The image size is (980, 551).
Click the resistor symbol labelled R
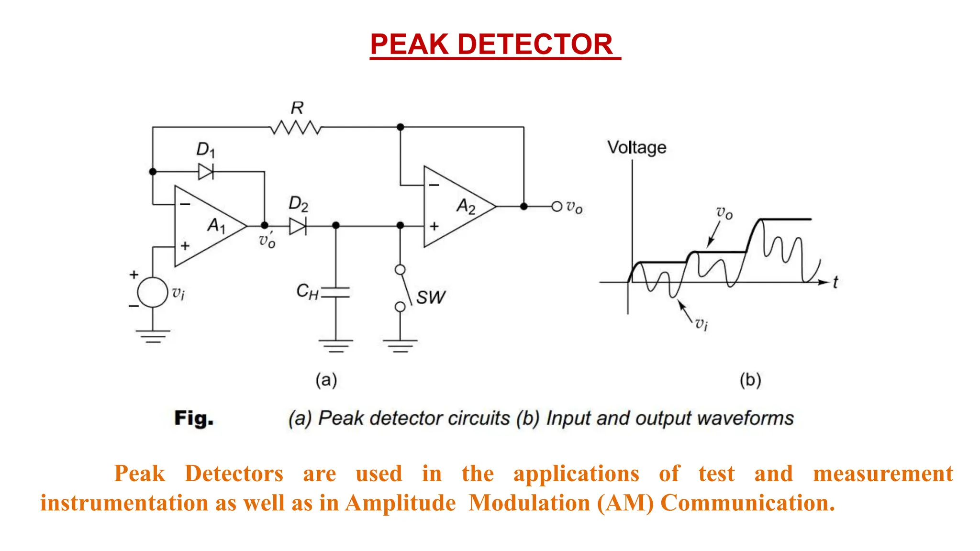coord(296,128)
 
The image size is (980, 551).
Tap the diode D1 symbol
coord(206,171)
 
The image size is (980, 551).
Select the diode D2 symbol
coord(298,226)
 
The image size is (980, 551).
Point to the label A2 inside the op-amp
coord(466,206)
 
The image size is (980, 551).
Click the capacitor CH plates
coord(335,292)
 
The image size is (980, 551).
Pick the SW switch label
coord(430,298)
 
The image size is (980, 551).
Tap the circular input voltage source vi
coord(153,292)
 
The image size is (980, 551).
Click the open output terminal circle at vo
coord(557,207)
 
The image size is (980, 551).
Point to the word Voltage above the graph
coord(636,147)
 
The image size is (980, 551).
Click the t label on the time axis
coord(835,282)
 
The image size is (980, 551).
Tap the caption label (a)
coord(326,380)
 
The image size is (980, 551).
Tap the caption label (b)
coord(750,380)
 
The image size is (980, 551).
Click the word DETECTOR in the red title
coord(535,44)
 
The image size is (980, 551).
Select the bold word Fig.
coord(193,418)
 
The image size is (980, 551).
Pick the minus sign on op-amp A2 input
coord(434,185)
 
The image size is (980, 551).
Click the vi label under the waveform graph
coord(702,324)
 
